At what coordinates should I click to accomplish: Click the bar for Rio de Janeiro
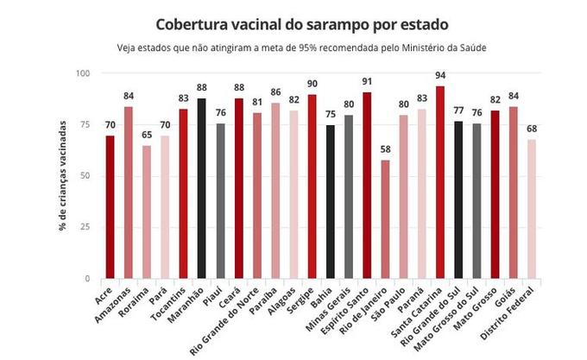tap(385, 219)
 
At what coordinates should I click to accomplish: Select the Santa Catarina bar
tap(440, 182)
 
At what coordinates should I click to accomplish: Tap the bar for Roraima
tap(147, 212)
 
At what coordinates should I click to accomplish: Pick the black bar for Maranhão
tap(202, 188)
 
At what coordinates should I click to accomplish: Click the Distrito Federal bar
tap(531, 209)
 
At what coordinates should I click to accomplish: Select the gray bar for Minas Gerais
tap(349, 197)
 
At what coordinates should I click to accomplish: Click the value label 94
tap(440, 75)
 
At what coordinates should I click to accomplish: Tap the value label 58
tap(385, 149)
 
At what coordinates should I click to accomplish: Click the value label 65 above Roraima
tap(147, 135)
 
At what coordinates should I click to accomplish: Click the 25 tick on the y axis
tap(85, 227)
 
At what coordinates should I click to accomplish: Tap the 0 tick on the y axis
tap(88, 279)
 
